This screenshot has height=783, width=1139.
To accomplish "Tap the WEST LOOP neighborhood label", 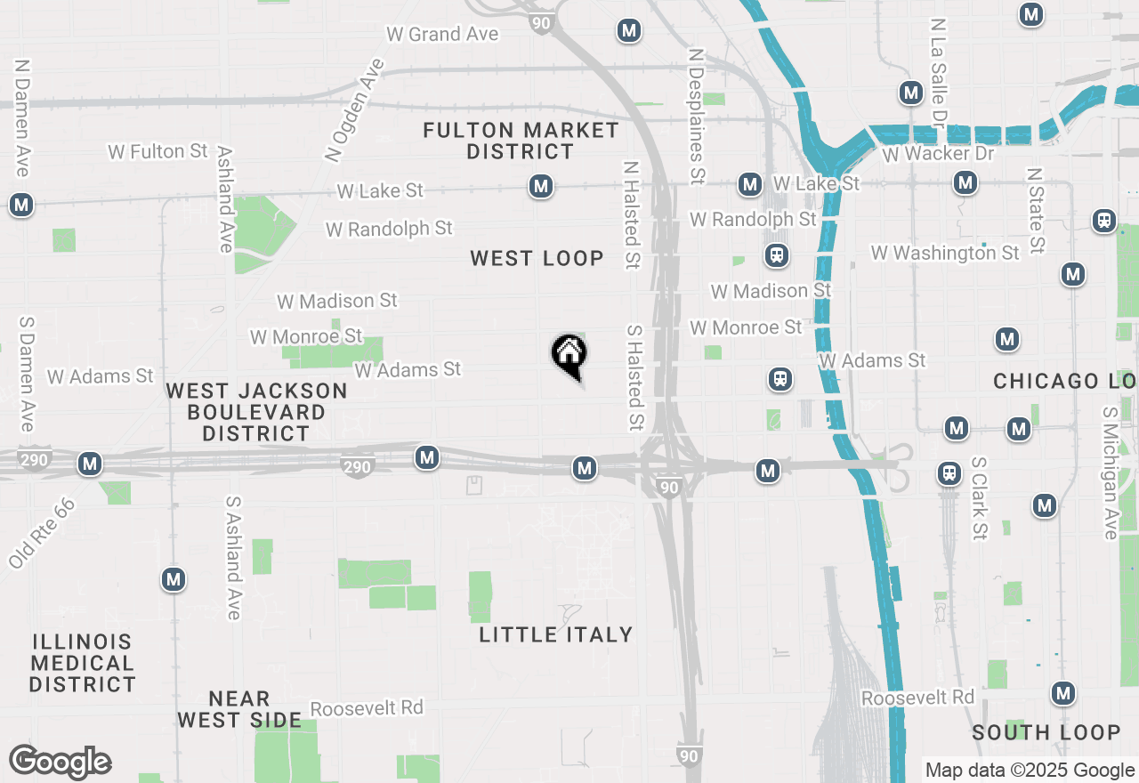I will click(537, 259).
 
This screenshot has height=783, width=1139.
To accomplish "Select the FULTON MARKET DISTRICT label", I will click(521, 141).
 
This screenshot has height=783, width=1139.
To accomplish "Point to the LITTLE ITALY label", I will click(556, 634).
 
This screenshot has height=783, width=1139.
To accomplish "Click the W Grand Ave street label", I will click(442, 35).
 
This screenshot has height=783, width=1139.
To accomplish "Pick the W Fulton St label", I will click(158, 151).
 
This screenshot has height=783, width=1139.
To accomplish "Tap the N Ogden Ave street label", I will click(354, 111).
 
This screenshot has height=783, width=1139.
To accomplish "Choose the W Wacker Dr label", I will click(939, 154).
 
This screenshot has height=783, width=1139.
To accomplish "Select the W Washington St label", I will click(945, 254).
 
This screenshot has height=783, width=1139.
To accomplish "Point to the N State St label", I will click(1035, 211).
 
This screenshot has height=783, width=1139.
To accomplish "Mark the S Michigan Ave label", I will click(1110, 473).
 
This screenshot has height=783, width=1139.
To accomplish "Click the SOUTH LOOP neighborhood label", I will click(1046, 732).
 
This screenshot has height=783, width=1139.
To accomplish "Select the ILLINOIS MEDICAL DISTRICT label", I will click(82, 663).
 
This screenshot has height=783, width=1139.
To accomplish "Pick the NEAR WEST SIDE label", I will click(239, 709).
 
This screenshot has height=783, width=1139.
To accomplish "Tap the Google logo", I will click(60, 763).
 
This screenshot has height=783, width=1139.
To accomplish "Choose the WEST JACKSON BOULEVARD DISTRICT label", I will click(256, 412).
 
